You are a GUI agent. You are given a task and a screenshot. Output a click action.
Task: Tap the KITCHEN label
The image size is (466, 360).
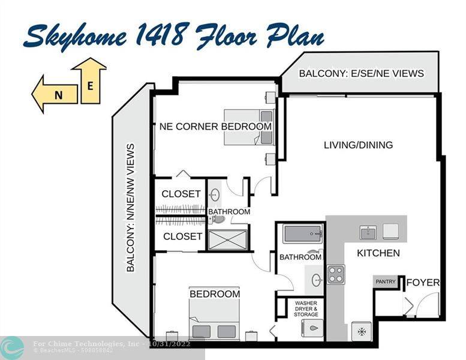click(x=378, y=253)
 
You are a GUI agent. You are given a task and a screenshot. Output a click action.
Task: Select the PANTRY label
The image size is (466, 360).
click(x=385, y=281)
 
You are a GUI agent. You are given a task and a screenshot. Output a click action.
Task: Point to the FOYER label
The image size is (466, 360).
click(x=423, y=283)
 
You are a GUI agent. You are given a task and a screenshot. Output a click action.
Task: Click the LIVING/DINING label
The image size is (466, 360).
click(x=358, y=145)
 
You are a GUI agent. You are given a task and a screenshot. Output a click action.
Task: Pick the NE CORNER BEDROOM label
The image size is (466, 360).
click(x=215, y=127)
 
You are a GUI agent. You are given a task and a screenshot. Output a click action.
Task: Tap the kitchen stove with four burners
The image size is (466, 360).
click(x=336, y=274)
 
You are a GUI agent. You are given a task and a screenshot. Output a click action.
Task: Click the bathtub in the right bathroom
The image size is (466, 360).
click(x=303, y=233)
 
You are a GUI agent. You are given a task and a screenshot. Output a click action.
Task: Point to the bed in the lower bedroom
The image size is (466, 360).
click(x=214, y=319)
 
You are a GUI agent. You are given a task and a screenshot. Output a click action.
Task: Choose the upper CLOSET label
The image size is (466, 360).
click(x=181, y=194)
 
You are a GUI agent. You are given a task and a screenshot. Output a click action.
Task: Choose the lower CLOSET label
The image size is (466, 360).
click(x=182, y=236)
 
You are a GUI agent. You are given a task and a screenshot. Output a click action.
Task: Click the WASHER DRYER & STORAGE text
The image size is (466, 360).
click(x=306, y=308)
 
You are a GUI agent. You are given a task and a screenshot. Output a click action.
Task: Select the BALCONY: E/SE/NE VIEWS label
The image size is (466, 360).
click(x=361, y=73)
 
